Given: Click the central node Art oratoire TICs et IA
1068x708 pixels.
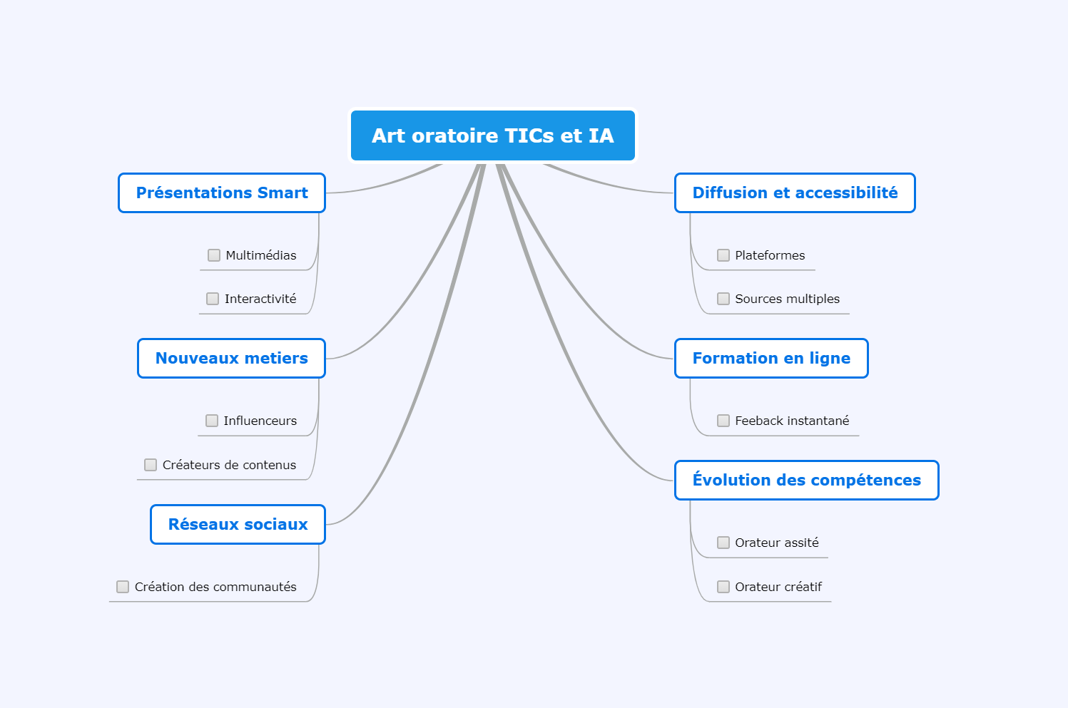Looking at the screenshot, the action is pyautogui.click(x=492, y=135).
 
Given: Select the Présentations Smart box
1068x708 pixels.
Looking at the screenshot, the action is pyautogui.click(x=222, y=193).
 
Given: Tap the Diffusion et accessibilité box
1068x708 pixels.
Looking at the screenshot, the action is pyautogui.click(x=795, y=193).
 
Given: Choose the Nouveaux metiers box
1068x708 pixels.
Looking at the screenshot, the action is pyautogui.click(x=231, y=359).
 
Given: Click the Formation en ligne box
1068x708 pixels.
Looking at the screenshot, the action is pyautogui.click(x=771, y=359).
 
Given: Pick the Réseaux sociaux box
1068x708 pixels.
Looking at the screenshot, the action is pyautogui.click(x=238, y=524).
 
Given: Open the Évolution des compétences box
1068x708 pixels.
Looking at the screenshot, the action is pyautogui.click(x=806, y=481).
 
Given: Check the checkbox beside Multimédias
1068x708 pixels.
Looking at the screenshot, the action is pyautogui.click(x=214, y=255).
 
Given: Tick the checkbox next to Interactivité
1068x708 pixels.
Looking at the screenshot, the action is pyautogui.click(x=213, y=299).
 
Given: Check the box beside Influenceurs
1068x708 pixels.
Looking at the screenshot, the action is pyautogui.click(x=212, y=421).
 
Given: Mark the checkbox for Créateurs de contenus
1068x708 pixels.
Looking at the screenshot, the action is pyautogui.click(x=151, y=465).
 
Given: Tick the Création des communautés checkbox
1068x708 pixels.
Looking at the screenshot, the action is pyautogui.click(x=123, y=587).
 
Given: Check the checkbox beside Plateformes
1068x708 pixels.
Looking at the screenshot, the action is pyautogui.click(x=723, y=255).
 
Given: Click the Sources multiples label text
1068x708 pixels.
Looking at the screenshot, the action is pyautogui.click(x=787, y=299).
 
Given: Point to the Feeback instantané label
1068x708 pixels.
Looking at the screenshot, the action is pyautogui.click(x=792, y=421).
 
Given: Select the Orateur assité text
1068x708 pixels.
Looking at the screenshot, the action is pyautogui.click(x=777, y=543).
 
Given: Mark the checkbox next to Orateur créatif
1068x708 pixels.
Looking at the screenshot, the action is pyautogui.click(x=723, y=587).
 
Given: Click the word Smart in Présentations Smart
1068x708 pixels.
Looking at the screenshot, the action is pyautogui.click(x=283, y=193).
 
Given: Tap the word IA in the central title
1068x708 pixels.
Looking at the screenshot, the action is pyautogui.click(x=601, y=135).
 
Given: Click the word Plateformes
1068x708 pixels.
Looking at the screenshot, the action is pyautogui.click(x=770, y=255).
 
